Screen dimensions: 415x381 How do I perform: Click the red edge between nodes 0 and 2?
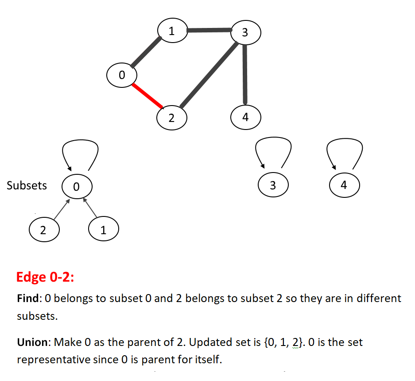click(x=147, y=96)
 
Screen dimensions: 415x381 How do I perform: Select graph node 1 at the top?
click(x=173, y=31)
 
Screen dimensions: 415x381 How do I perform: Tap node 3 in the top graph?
click(x=246, y=32)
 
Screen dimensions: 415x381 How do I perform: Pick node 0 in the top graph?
click(x=122, y=75)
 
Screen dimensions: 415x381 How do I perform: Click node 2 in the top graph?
click(x=172, y=118)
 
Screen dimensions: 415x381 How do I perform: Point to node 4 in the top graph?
click(x=246, y=117)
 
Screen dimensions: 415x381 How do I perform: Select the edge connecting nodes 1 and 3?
click(x=209, y=30)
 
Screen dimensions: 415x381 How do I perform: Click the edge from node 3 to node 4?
click(x=245, y=75)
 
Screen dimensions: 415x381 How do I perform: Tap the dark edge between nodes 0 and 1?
click(x=146, y=52)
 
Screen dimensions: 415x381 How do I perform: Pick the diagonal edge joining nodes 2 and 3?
click(x=209, y=75)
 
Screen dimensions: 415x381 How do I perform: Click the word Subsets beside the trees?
click(x=27, y=185)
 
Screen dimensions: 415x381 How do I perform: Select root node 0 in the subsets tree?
click(x=77, y=186)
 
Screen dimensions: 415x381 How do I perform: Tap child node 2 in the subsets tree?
click(x=44, y=229)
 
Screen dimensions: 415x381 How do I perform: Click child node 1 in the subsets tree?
click(x=104, y=229)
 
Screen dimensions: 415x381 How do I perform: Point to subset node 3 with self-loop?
click(x=273, y=185)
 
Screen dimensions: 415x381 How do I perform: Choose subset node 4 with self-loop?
click(x=345, y=185)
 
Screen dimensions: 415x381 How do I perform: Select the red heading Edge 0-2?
click(x=45, y=277)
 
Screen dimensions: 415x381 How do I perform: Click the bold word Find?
click(x=28, y=298)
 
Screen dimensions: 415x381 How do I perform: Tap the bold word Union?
click(x=32, y=342)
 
